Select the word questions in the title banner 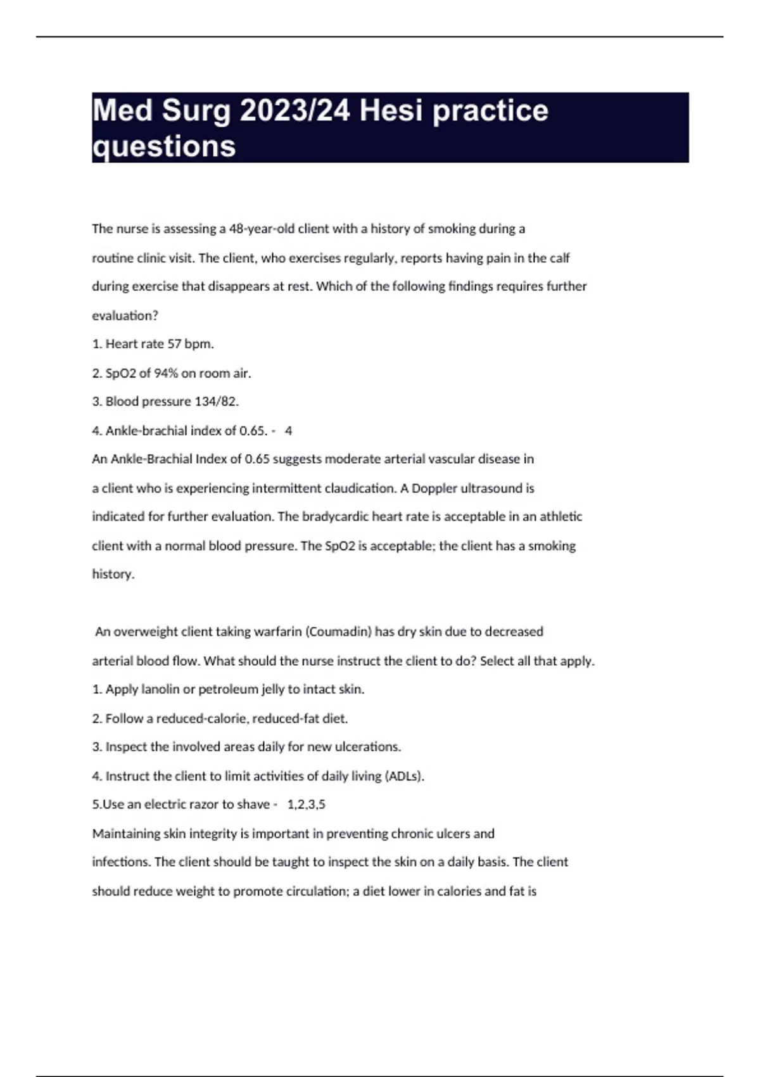164,146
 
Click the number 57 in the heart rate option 174,344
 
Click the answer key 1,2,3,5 306,805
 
